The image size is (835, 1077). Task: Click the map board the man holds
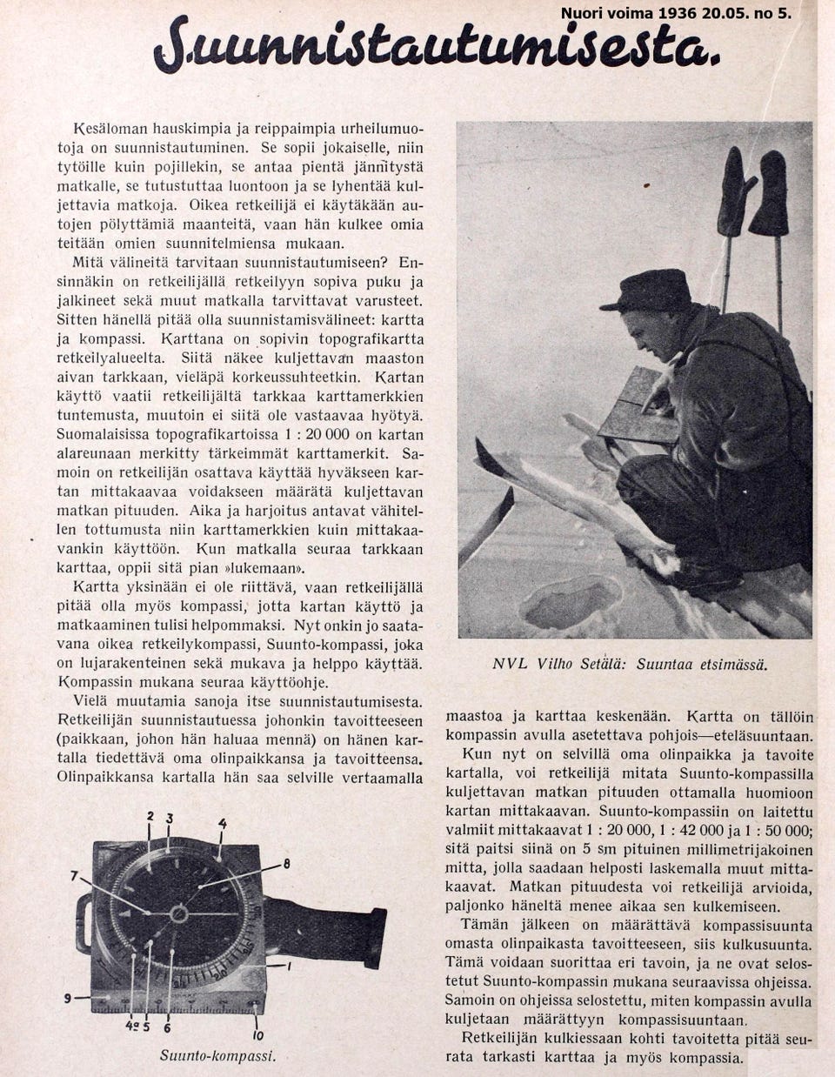(639, 408)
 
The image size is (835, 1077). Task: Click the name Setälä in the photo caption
(602, 664)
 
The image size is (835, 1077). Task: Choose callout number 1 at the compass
(289, 966)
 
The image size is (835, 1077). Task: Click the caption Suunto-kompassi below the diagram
(217, 1056)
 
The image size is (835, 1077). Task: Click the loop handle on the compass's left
(83, 923)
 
